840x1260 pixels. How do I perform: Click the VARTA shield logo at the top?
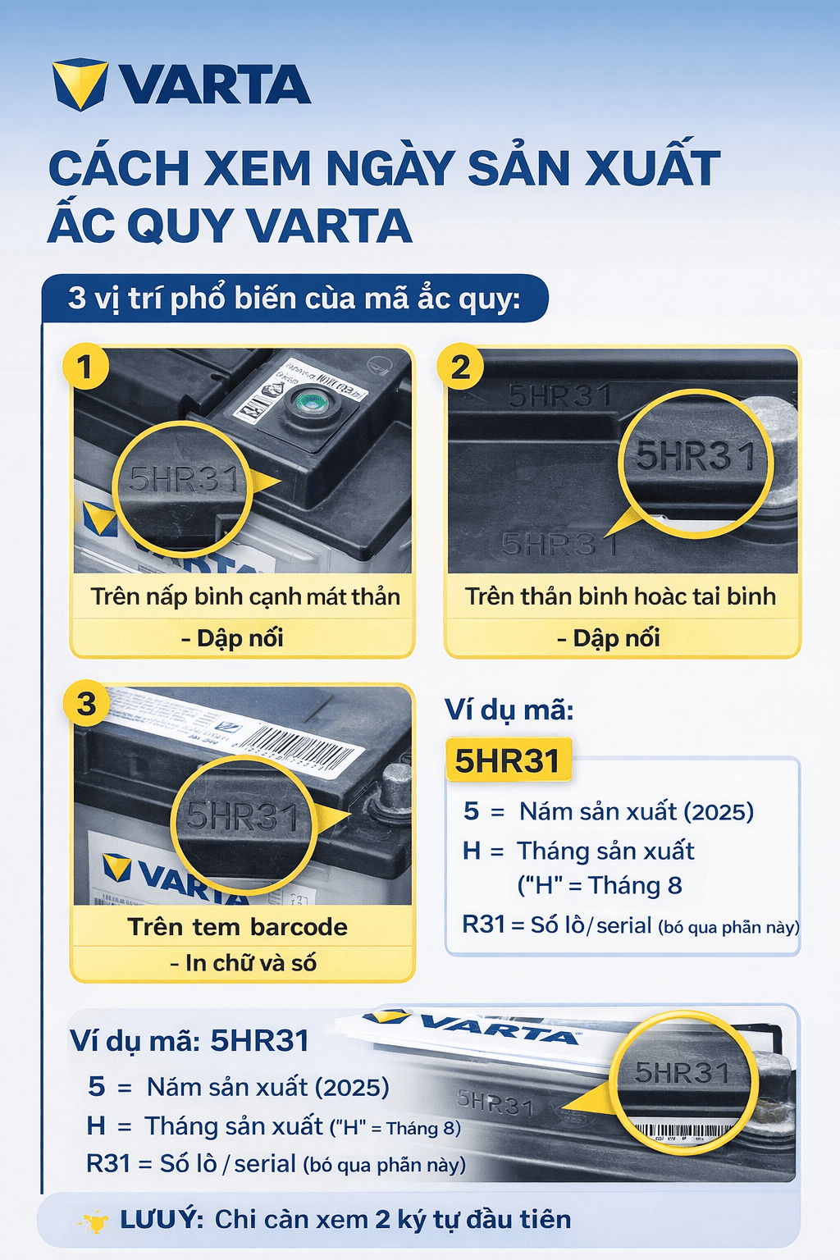click(80, 84)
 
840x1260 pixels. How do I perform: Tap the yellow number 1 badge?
click(84, 367)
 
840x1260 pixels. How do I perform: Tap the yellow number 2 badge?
click(460, 367)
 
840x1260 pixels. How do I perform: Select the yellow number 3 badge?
click(86, 704)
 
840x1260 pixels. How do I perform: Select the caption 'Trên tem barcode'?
click(237, 927)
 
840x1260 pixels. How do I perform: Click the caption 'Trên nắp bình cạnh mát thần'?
click(245, 596)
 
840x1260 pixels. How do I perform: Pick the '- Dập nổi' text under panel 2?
click(609, 638)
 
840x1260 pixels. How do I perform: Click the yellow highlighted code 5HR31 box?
click(507, 761)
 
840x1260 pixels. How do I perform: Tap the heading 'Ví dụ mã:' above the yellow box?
click(509, 710)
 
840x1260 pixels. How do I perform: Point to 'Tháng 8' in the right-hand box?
click(635, 886)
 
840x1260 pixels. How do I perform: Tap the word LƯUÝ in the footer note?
click(161, 1220)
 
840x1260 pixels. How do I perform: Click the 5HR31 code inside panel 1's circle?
click(182, 479)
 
